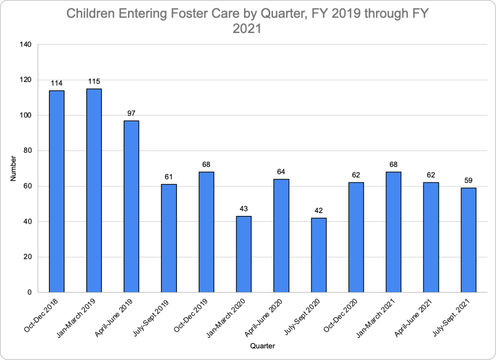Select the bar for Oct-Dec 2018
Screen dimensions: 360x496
click(x=56, y=191)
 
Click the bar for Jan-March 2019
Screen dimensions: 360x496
click(x=94, y=190)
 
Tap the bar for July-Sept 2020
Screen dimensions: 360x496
click(x=319, y=255)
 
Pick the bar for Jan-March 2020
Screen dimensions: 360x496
click(x=244, y=254)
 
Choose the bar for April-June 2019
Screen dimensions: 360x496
click(x=131, y=206)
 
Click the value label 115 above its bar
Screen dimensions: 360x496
click(x=94, y=81)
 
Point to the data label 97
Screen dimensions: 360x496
click(x=131, y=113)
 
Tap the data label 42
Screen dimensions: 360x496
click(x=319, y=211)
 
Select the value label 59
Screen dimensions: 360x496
click(x=468, y=180)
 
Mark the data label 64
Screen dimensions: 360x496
click(x=281, y=171)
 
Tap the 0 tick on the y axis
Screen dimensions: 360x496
click(x=29, y=293)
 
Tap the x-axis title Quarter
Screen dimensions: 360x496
click(x=262, y=346)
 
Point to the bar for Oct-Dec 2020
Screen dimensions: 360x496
click(x=356, y=237)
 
